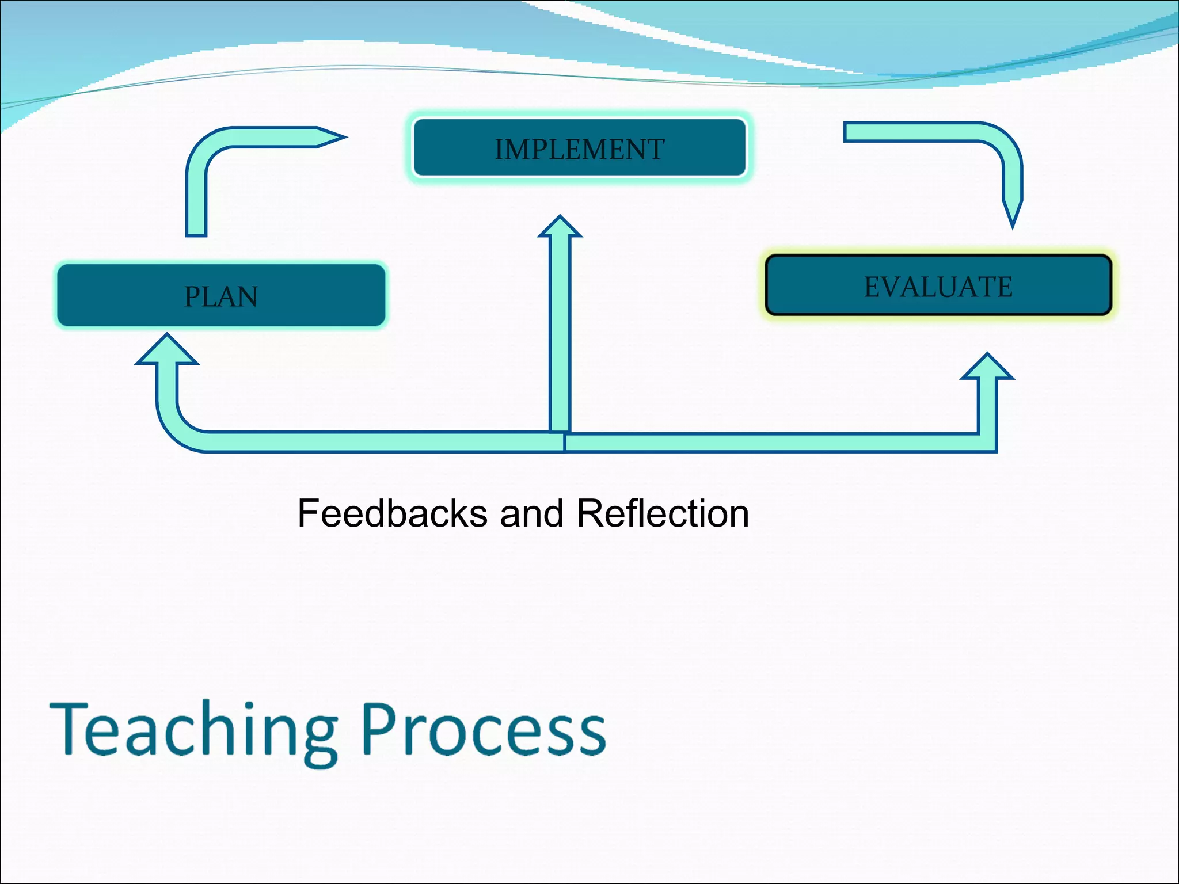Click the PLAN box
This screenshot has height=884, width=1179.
pos(221,296)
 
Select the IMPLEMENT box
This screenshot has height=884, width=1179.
pos(579,148)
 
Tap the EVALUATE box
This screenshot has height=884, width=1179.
pos(938,286)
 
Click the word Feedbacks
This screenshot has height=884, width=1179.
pos(392,513)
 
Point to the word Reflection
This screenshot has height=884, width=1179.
pos(663,513)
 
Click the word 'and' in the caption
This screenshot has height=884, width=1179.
pos(531,513)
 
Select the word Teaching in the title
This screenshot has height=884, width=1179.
pos(193,730)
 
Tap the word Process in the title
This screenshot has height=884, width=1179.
pos(484,730)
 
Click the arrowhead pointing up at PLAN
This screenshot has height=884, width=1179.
pos(167,350)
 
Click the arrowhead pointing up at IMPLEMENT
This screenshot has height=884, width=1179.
pos(560,227)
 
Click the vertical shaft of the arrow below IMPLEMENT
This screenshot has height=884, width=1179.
pos(560,334)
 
